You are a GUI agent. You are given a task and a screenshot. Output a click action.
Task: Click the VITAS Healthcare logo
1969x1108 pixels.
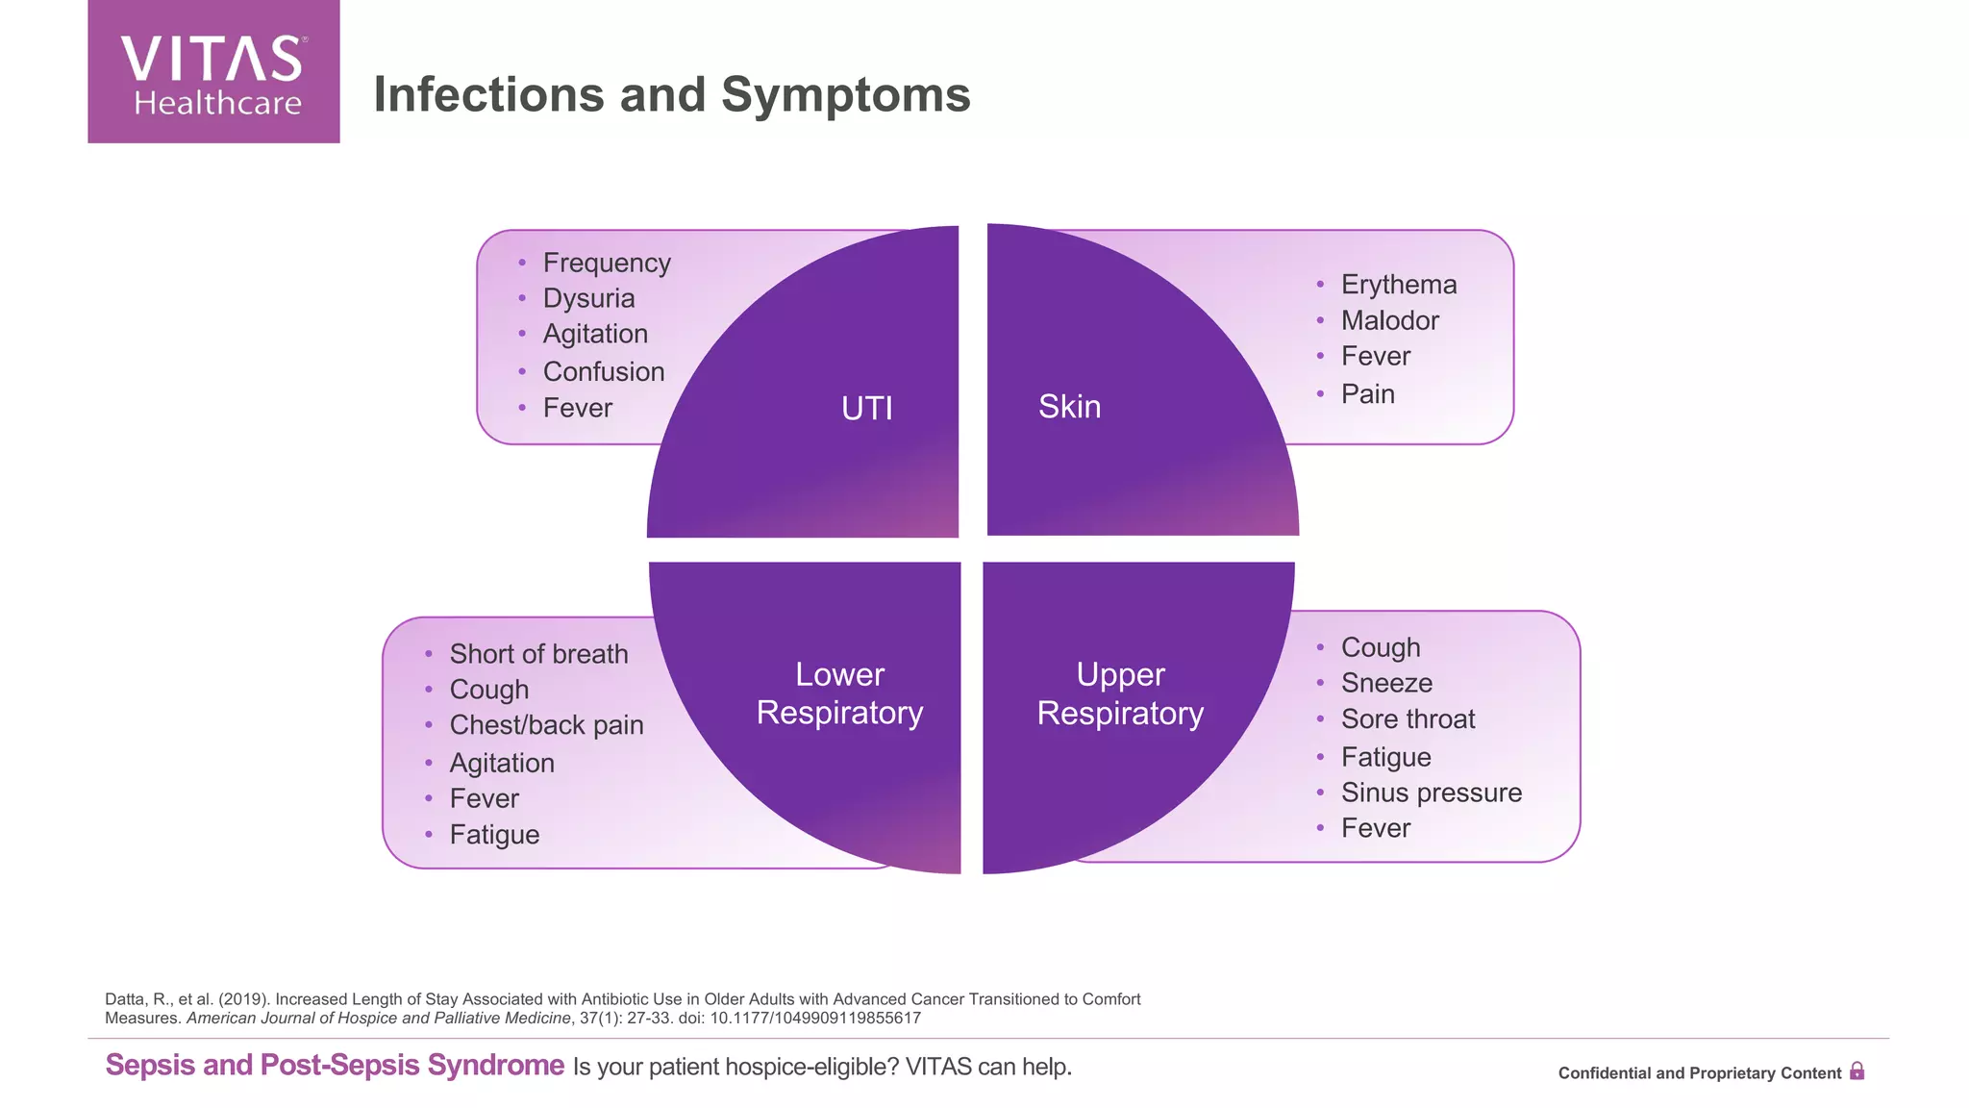[x=213, y=72]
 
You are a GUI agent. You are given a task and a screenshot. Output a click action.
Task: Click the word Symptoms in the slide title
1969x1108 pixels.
[x=845, y=95]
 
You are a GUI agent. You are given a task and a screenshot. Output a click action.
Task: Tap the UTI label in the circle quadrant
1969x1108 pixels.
[x=866, y=408]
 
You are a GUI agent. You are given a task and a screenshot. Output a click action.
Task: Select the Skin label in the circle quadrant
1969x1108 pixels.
[x=1069, y=406]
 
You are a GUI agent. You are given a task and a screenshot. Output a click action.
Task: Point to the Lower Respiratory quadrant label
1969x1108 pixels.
[x=839, y=693]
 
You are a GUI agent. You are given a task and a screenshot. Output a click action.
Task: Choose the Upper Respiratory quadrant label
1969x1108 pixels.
[x=1120, y=693]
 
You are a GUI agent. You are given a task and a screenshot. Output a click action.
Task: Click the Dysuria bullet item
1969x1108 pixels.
[x=588, y=298]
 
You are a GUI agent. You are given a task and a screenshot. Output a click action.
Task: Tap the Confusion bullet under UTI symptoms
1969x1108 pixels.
[x=603, y=371]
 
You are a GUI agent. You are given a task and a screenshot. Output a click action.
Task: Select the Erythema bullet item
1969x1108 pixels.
[x=1398, y=285]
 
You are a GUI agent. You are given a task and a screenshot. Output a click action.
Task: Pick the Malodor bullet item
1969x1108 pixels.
[x=1389, y=320]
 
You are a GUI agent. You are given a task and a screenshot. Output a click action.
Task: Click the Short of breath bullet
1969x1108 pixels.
[x=538, y=654]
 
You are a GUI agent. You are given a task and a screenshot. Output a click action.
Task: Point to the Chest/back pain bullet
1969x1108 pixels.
[x=546, y=725]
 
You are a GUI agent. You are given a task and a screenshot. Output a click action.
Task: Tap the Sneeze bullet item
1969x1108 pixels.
[x=1386, y=683]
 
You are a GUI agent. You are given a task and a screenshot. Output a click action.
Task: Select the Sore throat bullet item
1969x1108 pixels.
[x=1408, y=718]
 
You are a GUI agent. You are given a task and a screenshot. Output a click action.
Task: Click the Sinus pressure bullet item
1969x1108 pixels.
[x=1431, y=793]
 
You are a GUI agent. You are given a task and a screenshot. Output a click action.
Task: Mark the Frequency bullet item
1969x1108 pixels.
[x=606, y=263]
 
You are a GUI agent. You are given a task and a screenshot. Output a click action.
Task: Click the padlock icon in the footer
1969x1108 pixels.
[x=1857, y=1071]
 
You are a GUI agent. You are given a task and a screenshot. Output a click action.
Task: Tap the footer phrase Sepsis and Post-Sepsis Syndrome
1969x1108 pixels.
[x=335, y=1065]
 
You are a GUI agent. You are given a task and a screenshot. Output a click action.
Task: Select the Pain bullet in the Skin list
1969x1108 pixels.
[x=1367, y=393]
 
